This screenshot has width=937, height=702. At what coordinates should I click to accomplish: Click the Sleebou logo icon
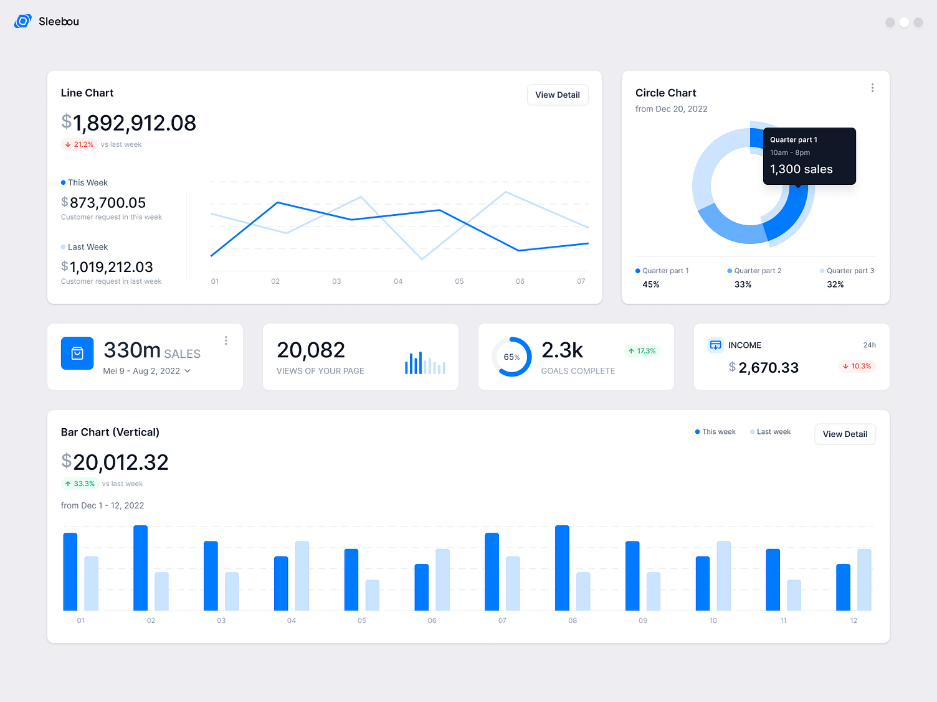pos(23,21)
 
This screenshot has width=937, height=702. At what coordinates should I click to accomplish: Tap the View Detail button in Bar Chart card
pos(845,434)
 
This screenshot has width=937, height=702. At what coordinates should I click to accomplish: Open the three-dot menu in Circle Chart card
pos(872,88)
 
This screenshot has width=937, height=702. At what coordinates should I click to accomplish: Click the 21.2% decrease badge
pos(79,144)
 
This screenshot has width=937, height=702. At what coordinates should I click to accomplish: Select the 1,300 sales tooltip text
pos(801,169)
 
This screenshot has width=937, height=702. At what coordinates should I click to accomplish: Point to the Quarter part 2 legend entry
pos(754,271)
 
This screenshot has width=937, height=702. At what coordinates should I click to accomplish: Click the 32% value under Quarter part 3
pos(835,284)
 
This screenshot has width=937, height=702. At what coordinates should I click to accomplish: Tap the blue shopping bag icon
pos(77,353)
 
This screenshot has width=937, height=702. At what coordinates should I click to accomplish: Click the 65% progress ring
pos(511,357)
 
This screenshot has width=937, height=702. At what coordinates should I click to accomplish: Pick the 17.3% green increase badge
pos(642,351)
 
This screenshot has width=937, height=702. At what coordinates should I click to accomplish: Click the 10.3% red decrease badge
pos(857,366)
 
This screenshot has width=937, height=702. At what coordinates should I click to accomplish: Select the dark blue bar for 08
pos(562,568)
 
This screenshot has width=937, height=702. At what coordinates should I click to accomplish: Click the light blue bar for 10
pos(723,576)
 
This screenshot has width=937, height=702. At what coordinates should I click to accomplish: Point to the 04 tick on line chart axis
pos(398,281)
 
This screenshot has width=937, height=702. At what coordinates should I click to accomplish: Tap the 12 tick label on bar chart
pos(854,620)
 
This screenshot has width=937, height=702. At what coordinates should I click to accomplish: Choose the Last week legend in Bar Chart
pos(771,432)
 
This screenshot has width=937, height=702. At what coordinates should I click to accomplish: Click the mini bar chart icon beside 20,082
pos(425,363)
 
